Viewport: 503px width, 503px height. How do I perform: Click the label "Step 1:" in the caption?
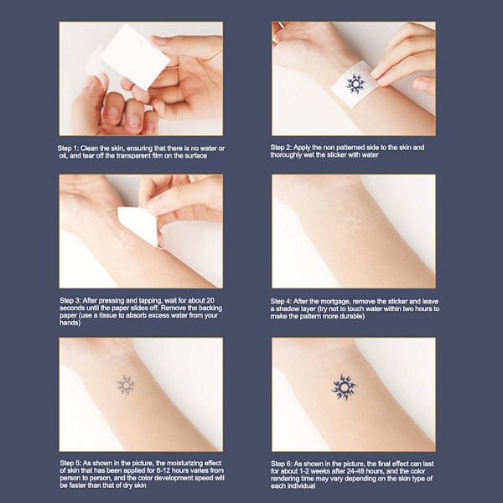(x=68, y=148)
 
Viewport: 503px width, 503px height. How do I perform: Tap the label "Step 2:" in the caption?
(x=281, y=148)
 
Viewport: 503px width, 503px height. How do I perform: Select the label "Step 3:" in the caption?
(x=70, y=301)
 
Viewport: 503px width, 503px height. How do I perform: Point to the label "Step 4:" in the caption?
(x=281, y=302)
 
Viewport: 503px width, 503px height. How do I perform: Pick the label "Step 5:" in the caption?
(x=70, y=464)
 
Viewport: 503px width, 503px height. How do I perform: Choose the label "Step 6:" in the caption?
(x=282, y=464)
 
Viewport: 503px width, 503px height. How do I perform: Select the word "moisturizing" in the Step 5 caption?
(x=185, y=464)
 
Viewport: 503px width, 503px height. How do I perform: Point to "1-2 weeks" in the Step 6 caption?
(x=313, y=471)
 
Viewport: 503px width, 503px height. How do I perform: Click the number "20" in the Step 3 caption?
(x=210, y=301)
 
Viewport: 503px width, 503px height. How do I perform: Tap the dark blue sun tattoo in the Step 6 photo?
(x=344, y=388)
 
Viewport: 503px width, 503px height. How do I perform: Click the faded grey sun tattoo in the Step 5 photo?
(x=126, y=385)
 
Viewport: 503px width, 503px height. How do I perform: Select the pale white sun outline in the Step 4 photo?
(x=351, y=221)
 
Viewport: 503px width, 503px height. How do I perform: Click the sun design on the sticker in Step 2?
(x=355, y=84)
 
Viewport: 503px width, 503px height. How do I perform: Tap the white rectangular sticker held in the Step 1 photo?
(x=135, y=57)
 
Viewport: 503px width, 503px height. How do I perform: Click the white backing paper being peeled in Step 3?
(x=138, y=226)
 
